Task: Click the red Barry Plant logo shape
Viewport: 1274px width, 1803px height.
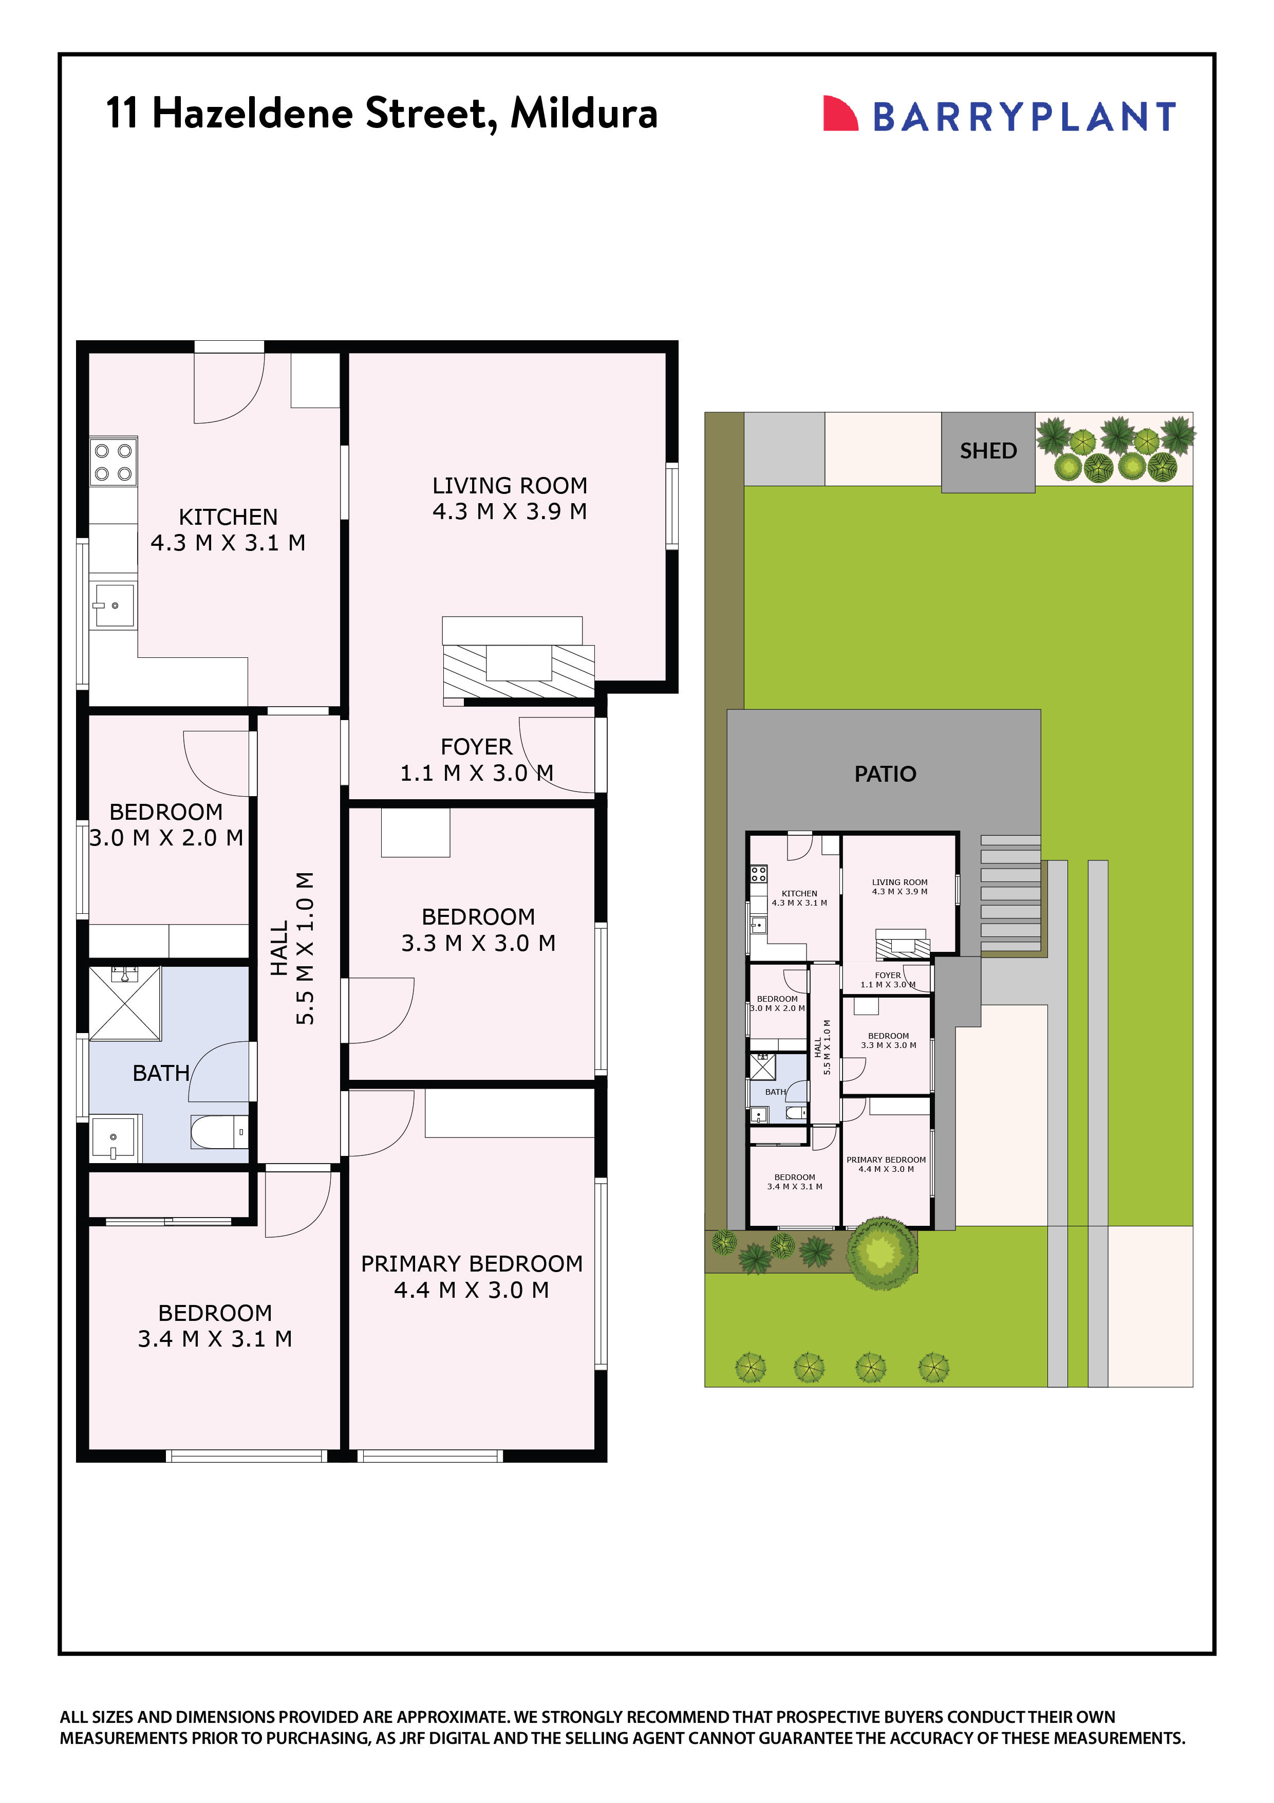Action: (x=838, y=114)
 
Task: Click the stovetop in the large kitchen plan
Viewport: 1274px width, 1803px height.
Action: (x=113, y=462)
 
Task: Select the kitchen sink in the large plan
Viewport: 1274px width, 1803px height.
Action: (x=114, y=604)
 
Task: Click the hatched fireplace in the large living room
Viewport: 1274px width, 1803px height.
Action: (x=518, y=671)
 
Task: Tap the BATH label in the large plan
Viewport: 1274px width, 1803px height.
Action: (x=161, y=1073)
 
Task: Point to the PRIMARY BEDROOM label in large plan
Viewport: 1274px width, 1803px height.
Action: (x=471, y=1263)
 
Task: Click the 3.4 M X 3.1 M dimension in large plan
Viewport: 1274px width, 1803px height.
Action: (x=215, y=1339)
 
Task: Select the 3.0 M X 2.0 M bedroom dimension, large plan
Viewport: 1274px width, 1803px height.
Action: (x=166, y=838)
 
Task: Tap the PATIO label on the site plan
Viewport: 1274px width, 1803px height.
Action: (x=885, y=774)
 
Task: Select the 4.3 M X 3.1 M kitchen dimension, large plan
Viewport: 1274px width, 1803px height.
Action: (x=228, y=543)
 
